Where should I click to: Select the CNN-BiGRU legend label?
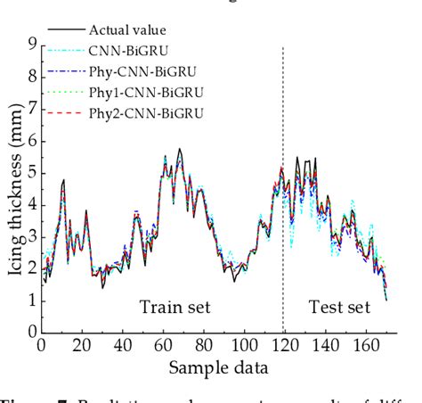point(130,52)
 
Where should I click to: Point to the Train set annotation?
point(174,308)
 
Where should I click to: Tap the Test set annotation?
point(338,308)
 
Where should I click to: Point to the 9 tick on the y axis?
point(30,44)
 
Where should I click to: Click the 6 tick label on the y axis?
point(30,140)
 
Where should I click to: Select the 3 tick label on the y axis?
point(30,236)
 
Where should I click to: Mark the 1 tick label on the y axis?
point(30,300)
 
